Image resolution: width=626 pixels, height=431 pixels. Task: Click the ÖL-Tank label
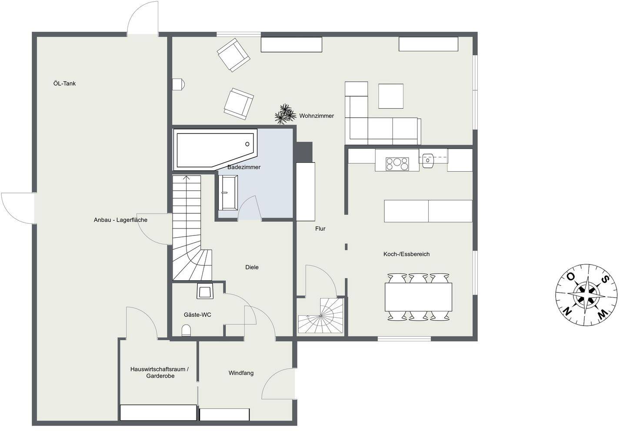(64, 83)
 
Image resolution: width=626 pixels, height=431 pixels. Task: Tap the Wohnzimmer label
(316, 116)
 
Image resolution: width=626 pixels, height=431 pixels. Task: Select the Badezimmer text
(244, 167)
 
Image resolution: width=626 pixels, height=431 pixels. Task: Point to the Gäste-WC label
(197, 315)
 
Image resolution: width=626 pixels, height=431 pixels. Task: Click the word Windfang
(241, 373)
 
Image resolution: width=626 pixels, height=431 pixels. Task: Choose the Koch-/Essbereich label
(406, 254)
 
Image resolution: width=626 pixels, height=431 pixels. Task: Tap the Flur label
(320, 229)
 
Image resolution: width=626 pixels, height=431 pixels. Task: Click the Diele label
(252, 267)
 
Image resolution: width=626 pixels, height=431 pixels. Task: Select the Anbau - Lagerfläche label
(120, 220)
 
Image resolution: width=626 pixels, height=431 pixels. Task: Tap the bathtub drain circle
(247, 144)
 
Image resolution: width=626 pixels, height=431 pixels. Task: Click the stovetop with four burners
(397, 164)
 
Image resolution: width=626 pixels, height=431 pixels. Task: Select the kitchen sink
(428, 161)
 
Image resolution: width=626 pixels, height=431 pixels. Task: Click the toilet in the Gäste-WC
(186, 331)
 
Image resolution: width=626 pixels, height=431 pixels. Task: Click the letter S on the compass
(604, 279)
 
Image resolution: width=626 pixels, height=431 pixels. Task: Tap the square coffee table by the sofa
(391, 96)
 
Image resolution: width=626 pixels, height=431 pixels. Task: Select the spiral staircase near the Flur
(321, 315)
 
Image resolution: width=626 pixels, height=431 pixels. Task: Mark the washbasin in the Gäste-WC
(205, 291)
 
